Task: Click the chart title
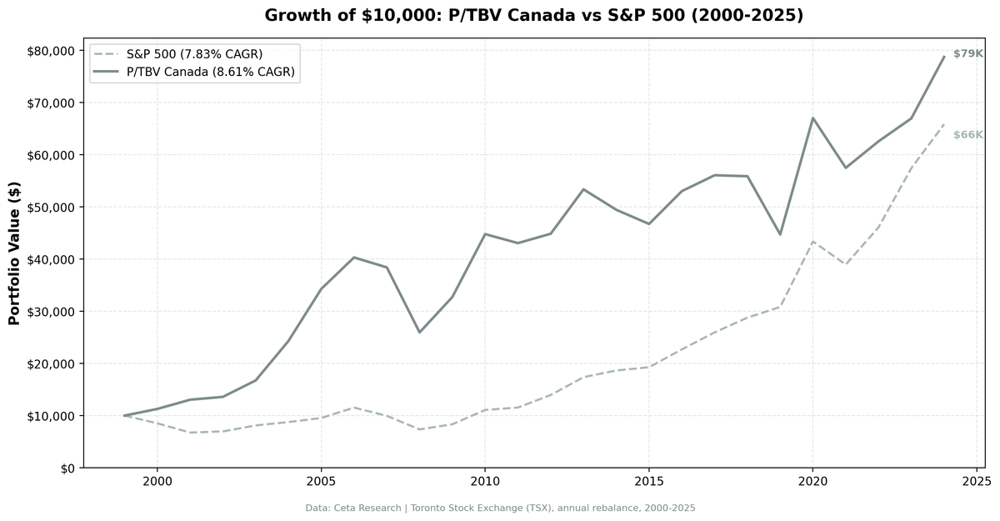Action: click(x=533, y=16)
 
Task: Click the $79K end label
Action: click(x=967, y=54)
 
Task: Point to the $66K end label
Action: click(x=967, y=135)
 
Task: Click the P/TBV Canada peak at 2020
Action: click(x=812, y=118)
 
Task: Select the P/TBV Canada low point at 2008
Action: click(x=419, y=333)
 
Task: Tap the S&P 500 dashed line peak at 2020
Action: click(x=812, y=242)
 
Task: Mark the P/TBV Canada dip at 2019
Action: click(x=780, y=234)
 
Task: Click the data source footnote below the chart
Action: click(x=500, y=508)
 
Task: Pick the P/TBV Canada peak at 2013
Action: click(x=583, y=189)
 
